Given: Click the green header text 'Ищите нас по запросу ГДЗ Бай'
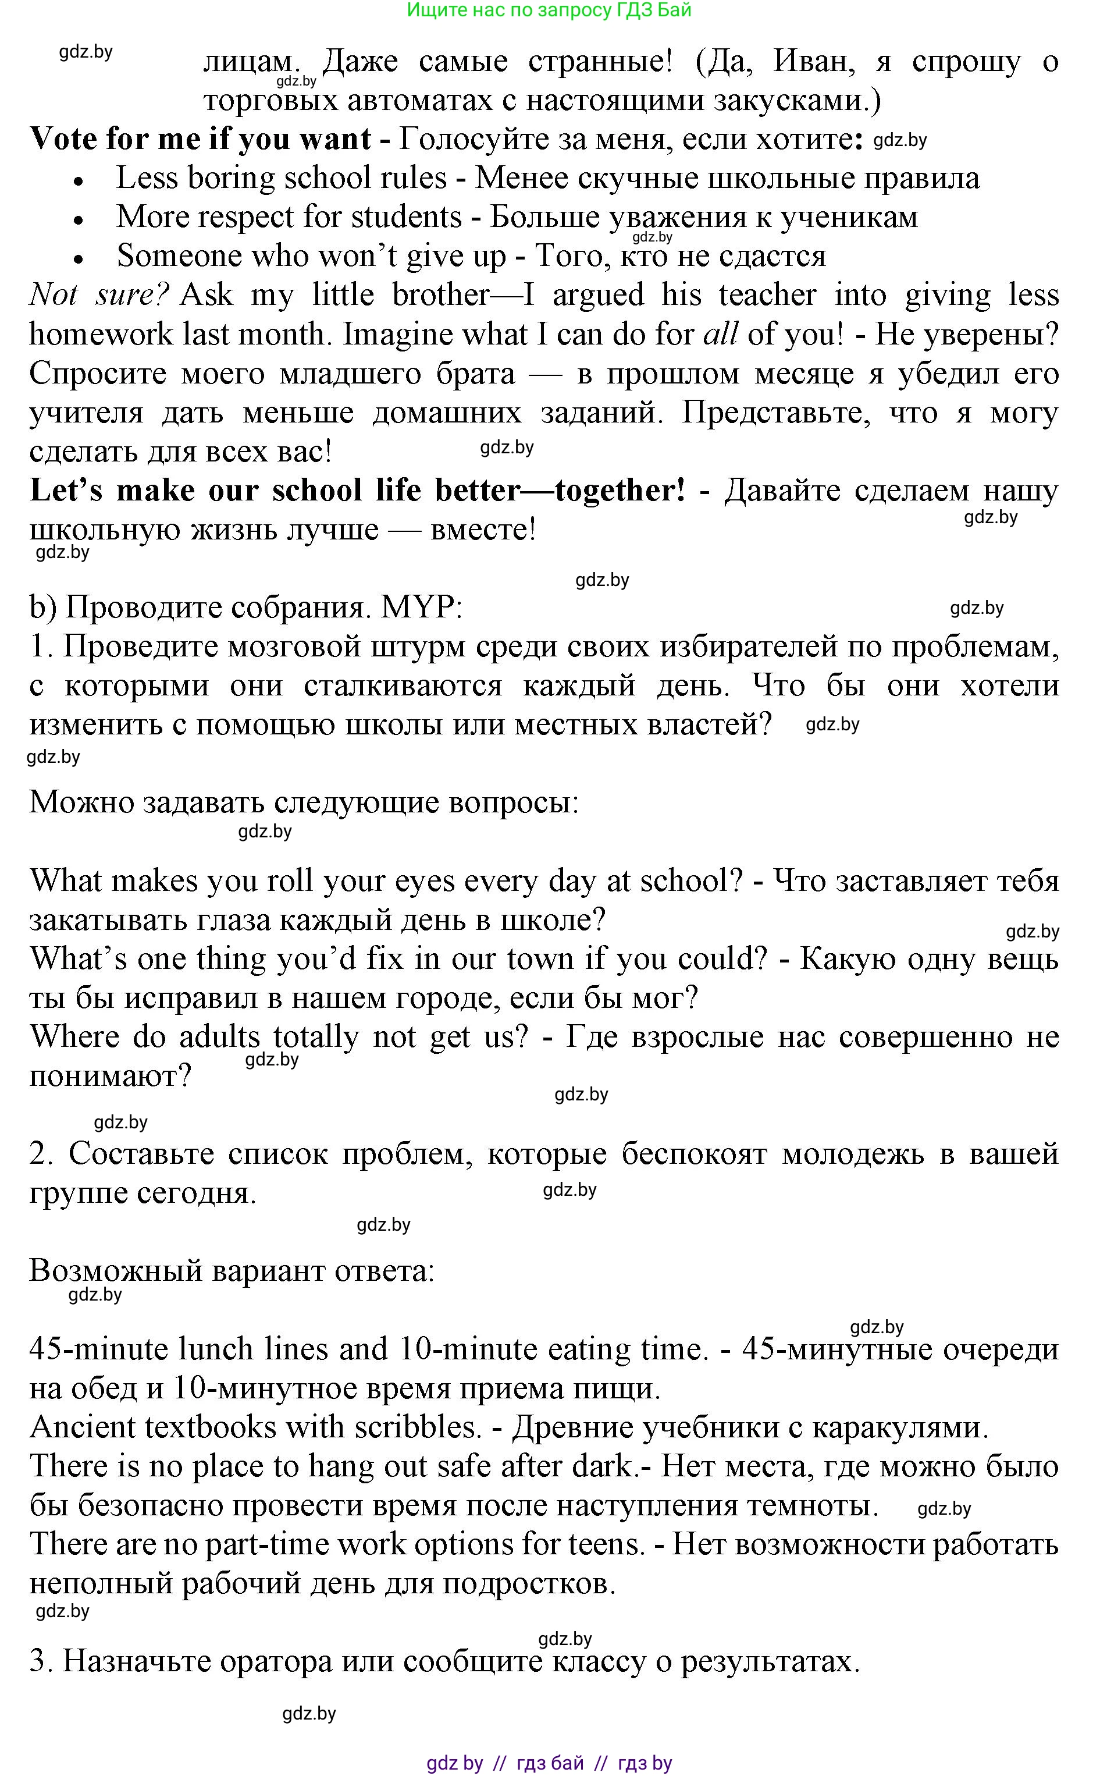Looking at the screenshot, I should click(x=549, y=10).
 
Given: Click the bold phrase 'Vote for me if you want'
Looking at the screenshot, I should click(x=200, y=139).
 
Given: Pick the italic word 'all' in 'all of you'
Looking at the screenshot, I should click(x=720, y=335).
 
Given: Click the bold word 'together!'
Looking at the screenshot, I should click(x=620, y=491).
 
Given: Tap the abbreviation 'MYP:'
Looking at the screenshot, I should click(x=421, y=608).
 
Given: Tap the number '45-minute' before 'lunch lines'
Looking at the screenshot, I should click(x=102, y=1349).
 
